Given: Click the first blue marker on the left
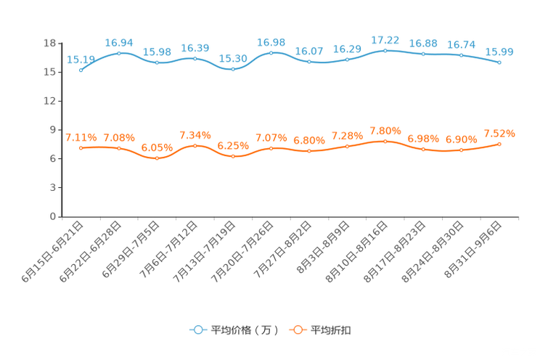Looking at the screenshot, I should [x=81, y=70].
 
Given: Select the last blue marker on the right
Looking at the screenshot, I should [x=500, y=63].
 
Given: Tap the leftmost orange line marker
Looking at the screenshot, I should [x=81, y=148].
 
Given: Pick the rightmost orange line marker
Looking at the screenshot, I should [x=500, y=144].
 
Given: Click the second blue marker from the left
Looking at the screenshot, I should [x=119, y=53].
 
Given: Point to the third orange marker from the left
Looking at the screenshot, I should [x=157, y=158].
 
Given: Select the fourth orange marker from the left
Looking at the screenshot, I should [x=195, y=146].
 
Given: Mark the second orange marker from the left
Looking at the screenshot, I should [x=119, y=148].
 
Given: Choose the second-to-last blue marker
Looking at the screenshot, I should [x=462, y=55].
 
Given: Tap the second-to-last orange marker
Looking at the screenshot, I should [x=462, y=150].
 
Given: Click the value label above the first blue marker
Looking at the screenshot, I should [x=81, y=59].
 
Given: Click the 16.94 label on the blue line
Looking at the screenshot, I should [x=119, y=42].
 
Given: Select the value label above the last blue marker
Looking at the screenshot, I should [x=500, y=52].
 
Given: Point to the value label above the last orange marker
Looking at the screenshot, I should [x=500, y=134].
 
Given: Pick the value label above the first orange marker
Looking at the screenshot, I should [x=81, y=137].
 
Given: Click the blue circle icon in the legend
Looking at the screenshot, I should [x=197, y=330].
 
